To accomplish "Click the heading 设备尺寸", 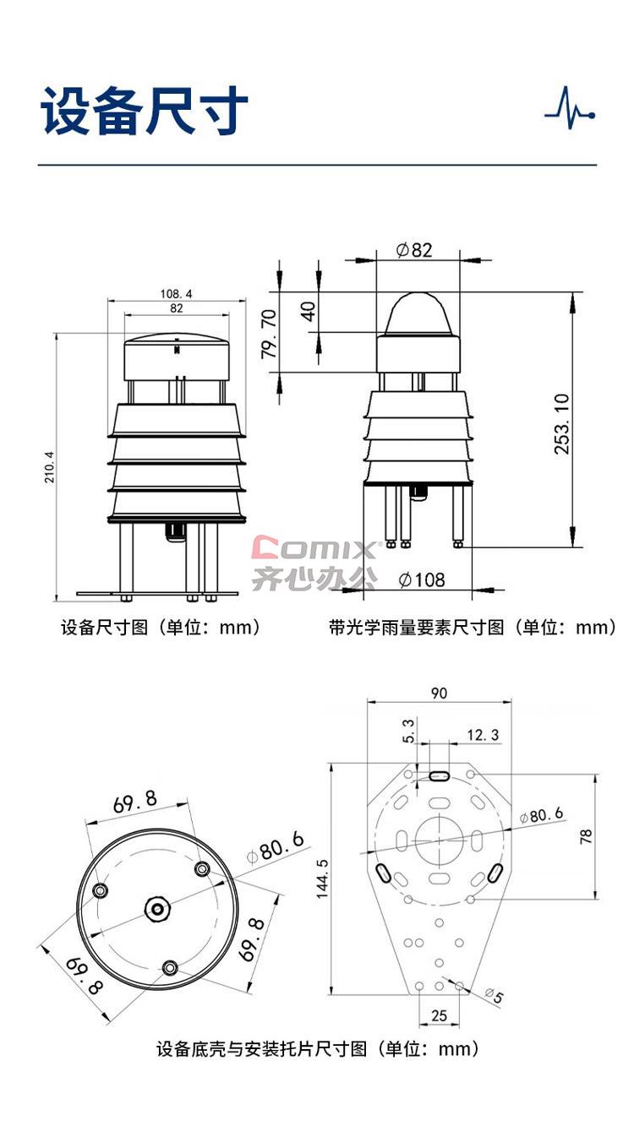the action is pos(145,110).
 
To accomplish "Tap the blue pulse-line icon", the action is pos(570,107).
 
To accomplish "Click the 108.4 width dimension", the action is pos(176,294).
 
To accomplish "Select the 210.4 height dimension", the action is pos(49,467).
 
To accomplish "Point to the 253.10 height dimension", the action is pos(561,424).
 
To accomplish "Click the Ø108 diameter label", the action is pos(422,579).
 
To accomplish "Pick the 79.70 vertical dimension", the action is pos(269,334).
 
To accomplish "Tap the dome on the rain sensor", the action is pos(418,313).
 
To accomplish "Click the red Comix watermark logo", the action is pos(314,548).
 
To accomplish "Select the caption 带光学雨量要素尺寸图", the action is pos(416,628).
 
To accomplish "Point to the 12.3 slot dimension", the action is pos(483,735).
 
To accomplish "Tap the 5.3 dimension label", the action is pos(408,731).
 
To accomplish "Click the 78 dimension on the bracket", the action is pos(586,836).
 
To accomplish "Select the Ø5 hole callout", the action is pos(494,994).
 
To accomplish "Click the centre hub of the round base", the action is pos(157,908).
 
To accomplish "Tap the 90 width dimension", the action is pos(439,694).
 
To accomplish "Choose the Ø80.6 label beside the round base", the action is pos(276,847).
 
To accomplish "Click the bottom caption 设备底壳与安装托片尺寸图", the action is pos(261,1049).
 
